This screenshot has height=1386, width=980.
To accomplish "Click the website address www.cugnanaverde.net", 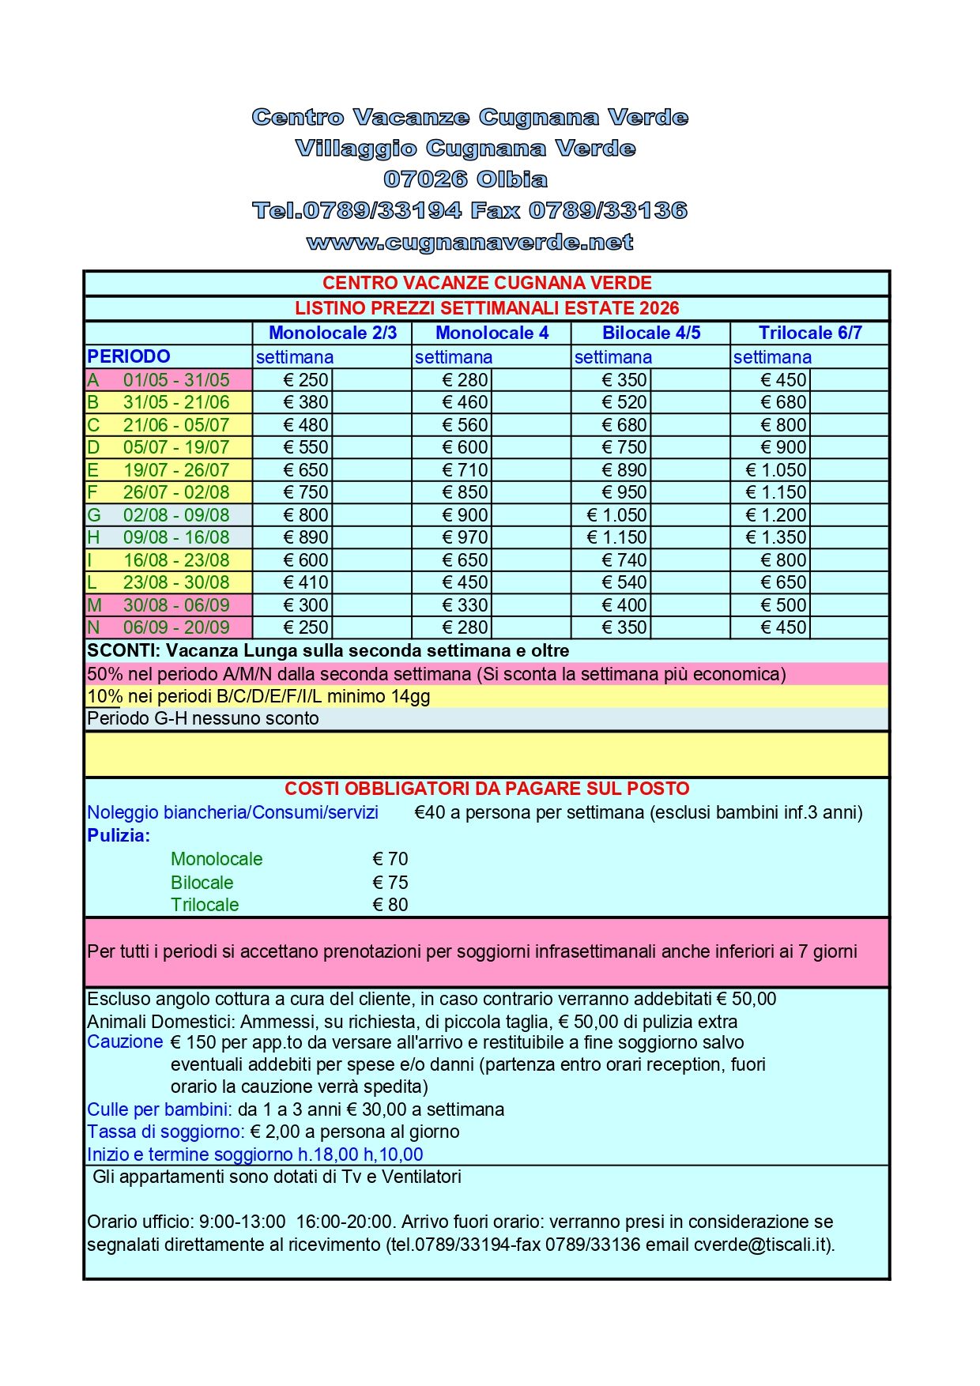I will (469, 242).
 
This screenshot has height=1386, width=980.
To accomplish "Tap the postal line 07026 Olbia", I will (465, 179).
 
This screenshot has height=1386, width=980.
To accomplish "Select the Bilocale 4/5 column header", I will (651, 333).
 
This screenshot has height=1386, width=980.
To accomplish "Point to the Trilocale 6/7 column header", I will (810, 333).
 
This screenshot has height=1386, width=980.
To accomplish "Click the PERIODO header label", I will (129, 356).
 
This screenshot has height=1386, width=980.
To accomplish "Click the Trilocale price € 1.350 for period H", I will (776, 537).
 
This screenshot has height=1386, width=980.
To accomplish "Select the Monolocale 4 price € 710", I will (465, 470).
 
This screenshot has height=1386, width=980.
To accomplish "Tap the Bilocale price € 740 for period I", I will (624, 560).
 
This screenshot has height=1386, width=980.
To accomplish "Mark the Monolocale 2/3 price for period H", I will (306, 537).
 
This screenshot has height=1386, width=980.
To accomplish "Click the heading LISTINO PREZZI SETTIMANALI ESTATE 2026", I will (487, 308).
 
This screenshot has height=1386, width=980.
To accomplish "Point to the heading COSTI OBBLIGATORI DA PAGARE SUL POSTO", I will (487, 789).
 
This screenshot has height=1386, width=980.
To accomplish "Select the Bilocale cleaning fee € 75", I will (390, 883).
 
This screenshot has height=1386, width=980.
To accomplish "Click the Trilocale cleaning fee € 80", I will (390, 905).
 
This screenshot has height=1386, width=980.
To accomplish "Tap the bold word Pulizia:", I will (119, 835).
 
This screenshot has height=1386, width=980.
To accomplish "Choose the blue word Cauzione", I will (125, 1041).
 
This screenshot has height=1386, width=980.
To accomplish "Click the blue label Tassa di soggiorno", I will (165, 1132).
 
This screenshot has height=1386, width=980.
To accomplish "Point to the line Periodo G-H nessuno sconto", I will (203, 718).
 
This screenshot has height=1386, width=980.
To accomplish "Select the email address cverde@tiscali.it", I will (762, 1245).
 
